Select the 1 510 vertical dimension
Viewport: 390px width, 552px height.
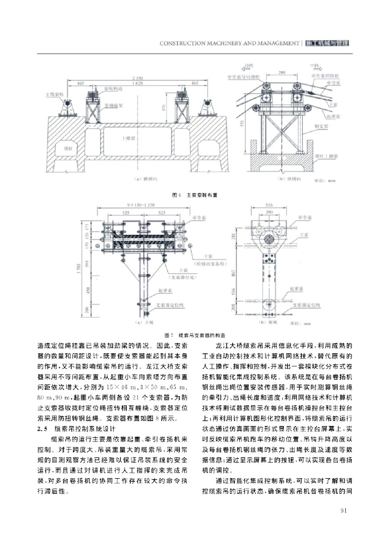pyautogui.click(x=94, y=269)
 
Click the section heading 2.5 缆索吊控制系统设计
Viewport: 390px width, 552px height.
pyautogui.click(x=79, y=429)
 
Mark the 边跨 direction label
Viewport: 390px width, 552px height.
pyautogui.click(x=248, y=65)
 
